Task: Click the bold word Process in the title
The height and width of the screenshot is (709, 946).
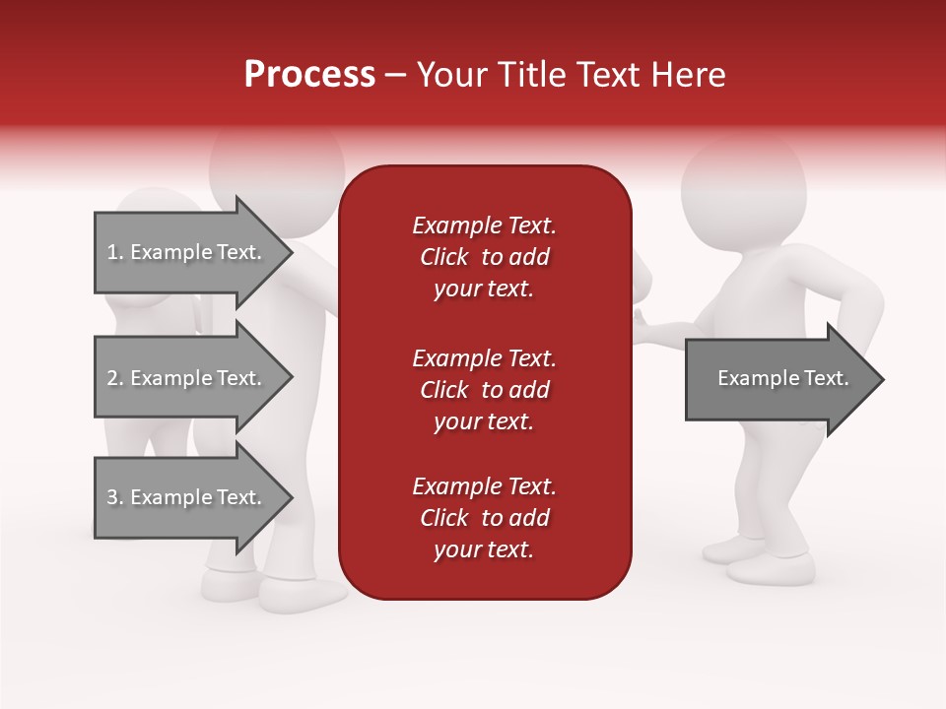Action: tap(309, 75)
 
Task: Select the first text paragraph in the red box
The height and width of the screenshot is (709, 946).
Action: tap(484, 257)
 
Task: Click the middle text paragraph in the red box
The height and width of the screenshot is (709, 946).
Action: tap(484, 390)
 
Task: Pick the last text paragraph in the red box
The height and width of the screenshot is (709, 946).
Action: tap(484, 518)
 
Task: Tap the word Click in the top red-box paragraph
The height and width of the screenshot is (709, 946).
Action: tap(444, 257)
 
